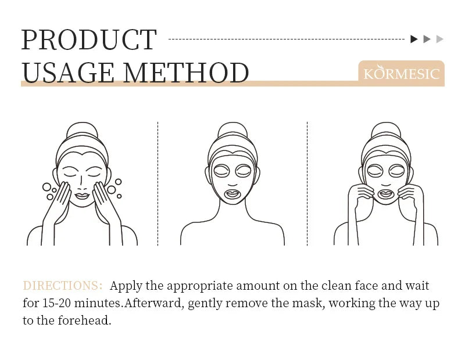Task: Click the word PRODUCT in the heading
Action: point(89,39)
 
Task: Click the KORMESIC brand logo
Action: point(401,74)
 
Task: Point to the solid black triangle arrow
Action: point(414,39)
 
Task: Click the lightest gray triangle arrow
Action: point(440,39)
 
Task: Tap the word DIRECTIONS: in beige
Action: point(62,286)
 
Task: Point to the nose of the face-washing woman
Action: point(82,181)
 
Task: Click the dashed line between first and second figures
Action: point(158,183)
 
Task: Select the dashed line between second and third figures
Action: point(307,183)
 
